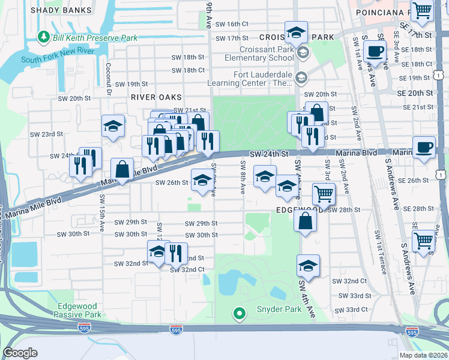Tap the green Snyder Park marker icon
pyautogui.click(x=240, y=313)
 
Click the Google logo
pyautogui.click(x=20, y=353)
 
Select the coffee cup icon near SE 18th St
pyautogui.click(x=375, y=52)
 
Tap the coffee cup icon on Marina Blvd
pyautogui.click(x=424, y=148)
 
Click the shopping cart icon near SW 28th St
pyautogui.click(x=324, y=194)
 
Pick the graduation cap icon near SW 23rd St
pyautogui.click(x=113, y=127)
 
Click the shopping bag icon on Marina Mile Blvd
pyautogui.click(x=122, y=169)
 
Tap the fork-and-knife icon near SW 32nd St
pyautogui.click(x=176, y=253)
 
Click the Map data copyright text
pyautogui.click(x=423, y=355)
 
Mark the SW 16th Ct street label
pyautogui.click(x=232, y=24)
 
